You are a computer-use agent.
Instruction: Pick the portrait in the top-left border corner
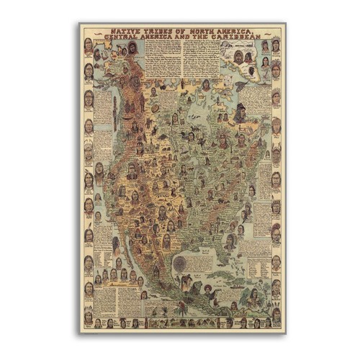point(89,45)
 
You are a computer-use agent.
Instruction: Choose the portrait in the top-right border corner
point(276,45)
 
